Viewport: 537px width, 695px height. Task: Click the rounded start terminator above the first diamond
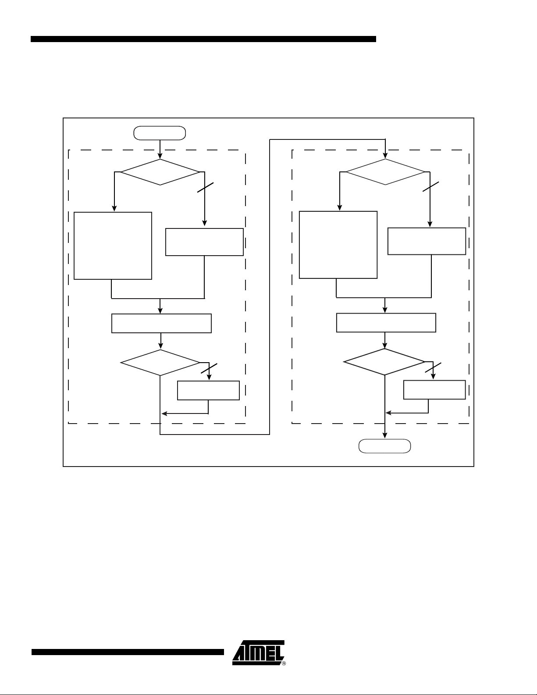(x=160, y=132)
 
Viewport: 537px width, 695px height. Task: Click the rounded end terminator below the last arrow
(x=384, y=446)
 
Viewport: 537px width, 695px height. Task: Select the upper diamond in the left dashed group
(x=160, y=172)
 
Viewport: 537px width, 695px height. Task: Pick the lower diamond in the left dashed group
(x=160, y=363)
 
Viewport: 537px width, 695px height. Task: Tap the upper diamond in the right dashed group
(x=385, y=172)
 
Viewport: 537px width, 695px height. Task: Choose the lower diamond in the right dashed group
(x=384, y=362)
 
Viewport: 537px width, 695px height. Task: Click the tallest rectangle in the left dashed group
(x=113, y=246)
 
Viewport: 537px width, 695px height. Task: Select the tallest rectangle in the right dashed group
(x=338, y=245)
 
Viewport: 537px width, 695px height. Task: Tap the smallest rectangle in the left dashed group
(x=208, y=390)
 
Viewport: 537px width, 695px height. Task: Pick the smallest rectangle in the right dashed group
(x=434, y=389)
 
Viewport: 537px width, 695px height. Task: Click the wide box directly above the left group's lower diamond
(x=161, y=323)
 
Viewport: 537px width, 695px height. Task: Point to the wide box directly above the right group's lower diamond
(x=386, y=322)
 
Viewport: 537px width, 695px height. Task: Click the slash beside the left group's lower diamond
(x=209, y=368)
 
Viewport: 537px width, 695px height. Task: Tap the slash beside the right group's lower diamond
(x=434, y=367)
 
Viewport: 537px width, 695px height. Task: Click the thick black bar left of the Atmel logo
(x=128, y=652)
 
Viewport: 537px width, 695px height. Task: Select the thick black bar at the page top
(x=203, y=39)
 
